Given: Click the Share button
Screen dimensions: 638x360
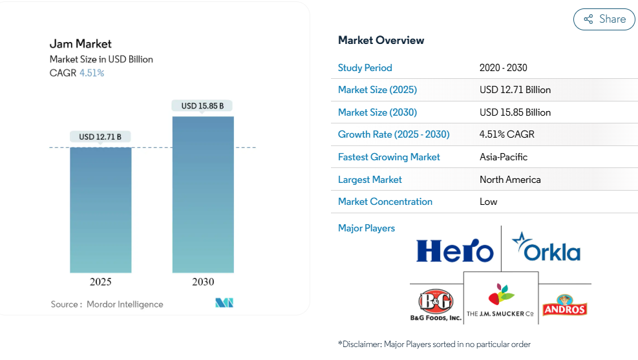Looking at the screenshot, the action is coord(604,19).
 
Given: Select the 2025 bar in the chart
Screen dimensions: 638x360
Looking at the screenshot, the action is coord(100,210).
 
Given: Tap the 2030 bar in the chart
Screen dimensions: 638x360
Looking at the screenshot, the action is coord(203,195).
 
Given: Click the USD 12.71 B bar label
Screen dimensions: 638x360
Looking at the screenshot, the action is coord(100,136).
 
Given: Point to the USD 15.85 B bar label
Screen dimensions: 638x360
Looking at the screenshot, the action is coord(202,106).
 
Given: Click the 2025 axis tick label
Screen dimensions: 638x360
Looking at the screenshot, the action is coord(100,282).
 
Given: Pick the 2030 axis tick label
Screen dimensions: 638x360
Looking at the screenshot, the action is coord(203,282).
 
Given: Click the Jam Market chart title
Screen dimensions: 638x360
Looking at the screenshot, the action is coord(81,44).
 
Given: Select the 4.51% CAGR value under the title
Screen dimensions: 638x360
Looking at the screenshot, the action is coord(92,73).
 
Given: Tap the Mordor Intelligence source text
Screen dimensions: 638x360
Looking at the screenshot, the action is coord(125,304).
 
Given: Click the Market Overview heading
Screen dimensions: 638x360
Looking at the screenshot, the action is coord(381,40).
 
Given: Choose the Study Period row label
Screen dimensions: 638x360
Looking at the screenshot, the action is coord(365,68).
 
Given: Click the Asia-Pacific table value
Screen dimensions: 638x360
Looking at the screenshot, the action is coord(504,157).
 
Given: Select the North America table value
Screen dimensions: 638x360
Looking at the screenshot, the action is coord(510,180).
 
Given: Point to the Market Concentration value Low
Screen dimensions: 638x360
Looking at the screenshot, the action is coord(488,202).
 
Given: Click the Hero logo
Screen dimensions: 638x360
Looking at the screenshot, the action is coord(455,250).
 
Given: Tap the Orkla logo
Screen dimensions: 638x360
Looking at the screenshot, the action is coord(546,247).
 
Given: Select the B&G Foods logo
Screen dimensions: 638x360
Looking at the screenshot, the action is coord(436,305).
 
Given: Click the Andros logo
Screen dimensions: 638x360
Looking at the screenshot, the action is coord(565,305).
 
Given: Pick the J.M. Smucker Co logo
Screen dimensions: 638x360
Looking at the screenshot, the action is coord(500,301).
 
